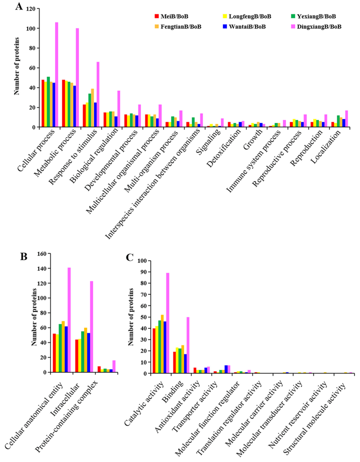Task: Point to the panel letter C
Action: pos(130,257)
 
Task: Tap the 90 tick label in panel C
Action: pos(143,272)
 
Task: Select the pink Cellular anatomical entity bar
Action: pos(68,320)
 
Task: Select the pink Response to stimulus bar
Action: pos(98,95)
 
